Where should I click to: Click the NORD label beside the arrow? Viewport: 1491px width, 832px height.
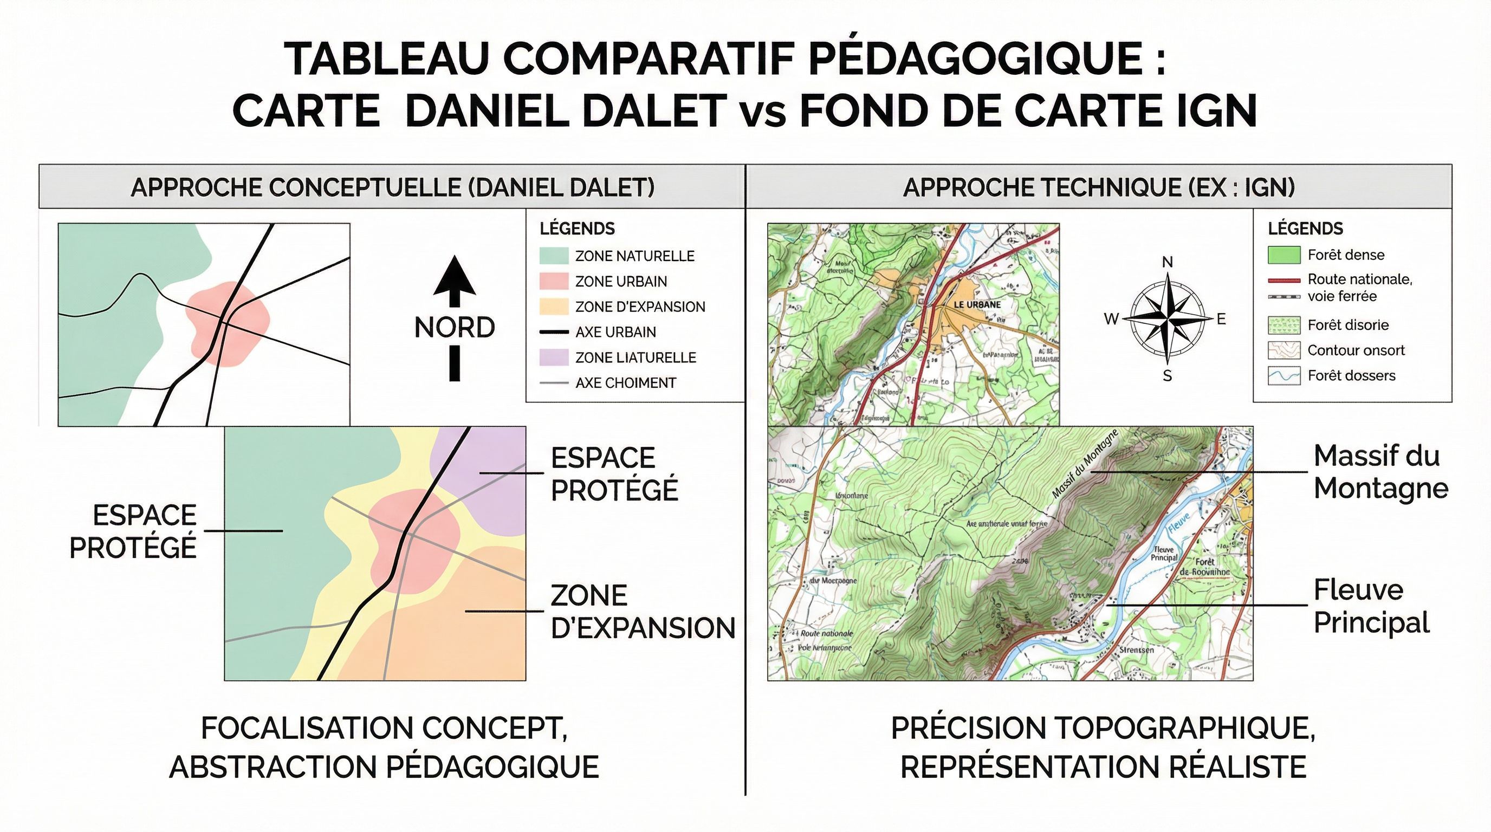(455, 328)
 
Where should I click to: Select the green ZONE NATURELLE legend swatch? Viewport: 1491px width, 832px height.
(554, 256)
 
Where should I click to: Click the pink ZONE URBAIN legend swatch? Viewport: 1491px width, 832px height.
(554, 281)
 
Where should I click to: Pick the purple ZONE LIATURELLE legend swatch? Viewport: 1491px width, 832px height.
(554, 357)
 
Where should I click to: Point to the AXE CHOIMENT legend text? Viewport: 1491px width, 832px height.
(625, 382)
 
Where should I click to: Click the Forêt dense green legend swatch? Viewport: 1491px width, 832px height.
(1284, 255)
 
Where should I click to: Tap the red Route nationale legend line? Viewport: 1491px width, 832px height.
(1284, 281)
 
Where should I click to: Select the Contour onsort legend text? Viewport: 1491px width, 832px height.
(1356, 350)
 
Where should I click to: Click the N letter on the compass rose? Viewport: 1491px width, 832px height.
(1168, 262)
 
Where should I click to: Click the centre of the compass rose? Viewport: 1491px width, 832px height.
(1168, 319)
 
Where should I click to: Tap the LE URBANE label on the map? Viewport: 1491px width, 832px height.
(977, 304)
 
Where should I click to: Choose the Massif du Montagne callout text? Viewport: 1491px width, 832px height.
(1380, 472)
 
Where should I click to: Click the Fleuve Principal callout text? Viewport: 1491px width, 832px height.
(1371, 606)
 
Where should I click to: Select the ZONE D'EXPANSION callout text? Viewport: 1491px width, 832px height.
(643, 612)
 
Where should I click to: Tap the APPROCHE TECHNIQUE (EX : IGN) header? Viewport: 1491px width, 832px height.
(1098, 187)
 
